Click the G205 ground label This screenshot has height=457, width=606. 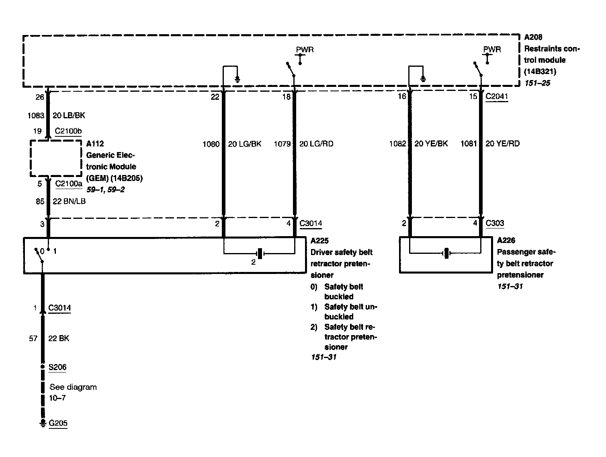pos(58,423)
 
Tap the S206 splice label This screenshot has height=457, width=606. pos(57,367)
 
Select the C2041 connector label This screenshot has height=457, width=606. pos(497,97)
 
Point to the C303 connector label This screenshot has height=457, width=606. pos(495,223)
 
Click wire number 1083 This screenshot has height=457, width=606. pos(35,115)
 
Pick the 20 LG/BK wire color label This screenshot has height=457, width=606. pos(245,144)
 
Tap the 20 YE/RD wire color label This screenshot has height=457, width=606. pos(502,144)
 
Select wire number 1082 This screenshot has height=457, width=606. pos(397,144)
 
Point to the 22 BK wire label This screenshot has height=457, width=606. pos(59,338)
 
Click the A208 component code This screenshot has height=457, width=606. pos(533,37)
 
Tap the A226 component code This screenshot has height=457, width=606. pos(506,241)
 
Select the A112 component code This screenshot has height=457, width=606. pos(95,144)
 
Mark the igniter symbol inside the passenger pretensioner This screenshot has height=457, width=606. pos(446,253)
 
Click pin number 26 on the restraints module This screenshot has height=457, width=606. pos(39,97)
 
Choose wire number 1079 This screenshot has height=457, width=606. pos(282,144)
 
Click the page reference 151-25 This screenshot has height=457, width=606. pos(537,83)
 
